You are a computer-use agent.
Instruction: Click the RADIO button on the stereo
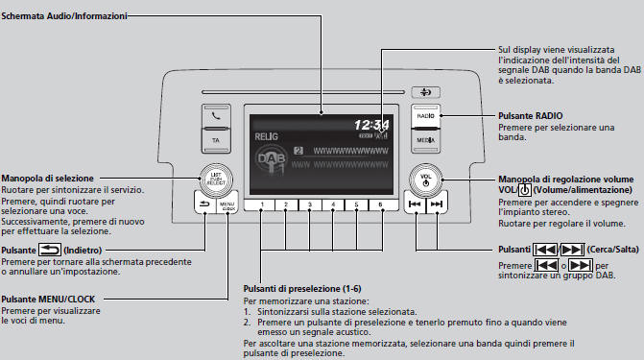tap(425, 115)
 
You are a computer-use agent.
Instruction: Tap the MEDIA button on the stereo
tap(425, 136)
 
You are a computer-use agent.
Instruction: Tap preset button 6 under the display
tap(380, 204)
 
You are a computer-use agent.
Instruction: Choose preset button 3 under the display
tap(308, 204)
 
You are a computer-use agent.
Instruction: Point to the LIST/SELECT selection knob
tap(216, 178)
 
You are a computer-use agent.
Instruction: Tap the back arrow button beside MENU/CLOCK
tap(203, 205)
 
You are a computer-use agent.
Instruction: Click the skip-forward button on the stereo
tap(437, 205)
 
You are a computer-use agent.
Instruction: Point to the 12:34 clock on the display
tap(369, 125)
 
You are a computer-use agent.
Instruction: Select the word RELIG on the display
tap(267, 137)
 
